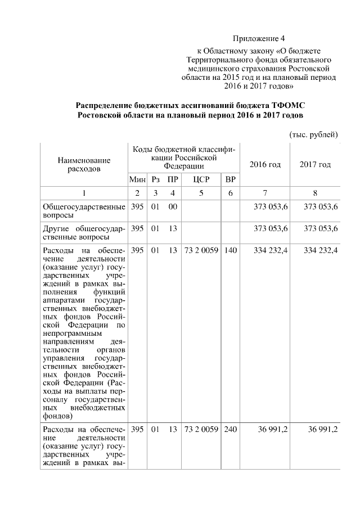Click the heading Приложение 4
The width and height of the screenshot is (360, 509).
[259, 39]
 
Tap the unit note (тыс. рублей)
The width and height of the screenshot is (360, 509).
[313, 134]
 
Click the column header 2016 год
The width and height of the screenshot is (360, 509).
[264, 164]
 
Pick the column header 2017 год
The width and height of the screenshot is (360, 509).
[315, 164]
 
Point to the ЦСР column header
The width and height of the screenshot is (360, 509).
[201, 179]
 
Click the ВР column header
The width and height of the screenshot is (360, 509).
[230, 179]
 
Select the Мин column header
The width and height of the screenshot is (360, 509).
[137, 179]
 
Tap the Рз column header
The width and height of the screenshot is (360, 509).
[156, 179]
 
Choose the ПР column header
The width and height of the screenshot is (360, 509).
[173, 179]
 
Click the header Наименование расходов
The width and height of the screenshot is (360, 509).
[84, 164]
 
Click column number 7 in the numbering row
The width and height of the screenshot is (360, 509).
[264, 193]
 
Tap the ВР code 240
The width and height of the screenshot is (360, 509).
[230, 429]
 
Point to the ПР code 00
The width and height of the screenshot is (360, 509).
[173, 207]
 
